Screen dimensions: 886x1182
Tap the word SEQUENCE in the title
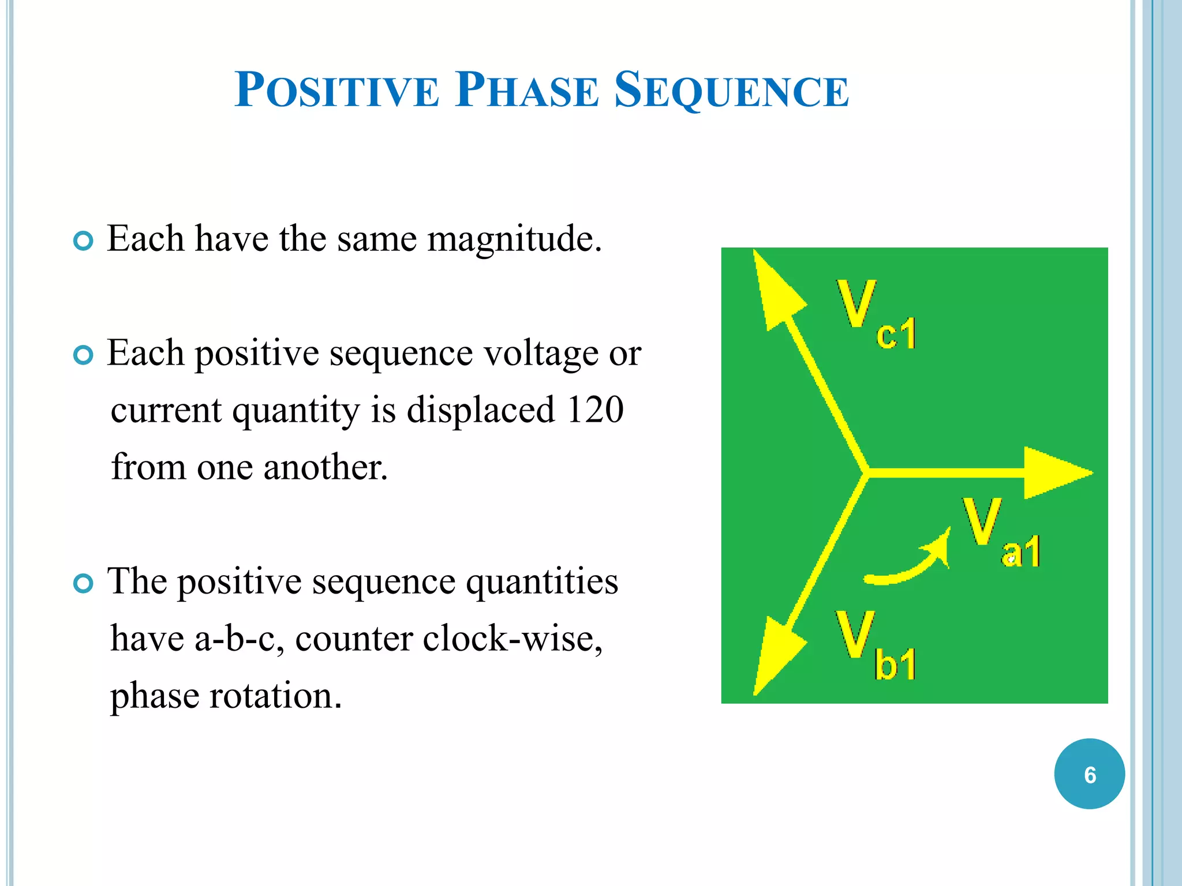(731, 91)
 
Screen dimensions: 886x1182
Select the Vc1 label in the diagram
(874, 314)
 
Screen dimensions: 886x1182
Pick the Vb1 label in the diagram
(874, 646)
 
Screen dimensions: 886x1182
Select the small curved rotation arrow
(912, 562)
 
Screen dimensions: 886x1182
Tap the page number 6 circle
(1089, 774)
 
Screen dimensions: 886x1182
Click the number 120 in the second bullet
(595, 410)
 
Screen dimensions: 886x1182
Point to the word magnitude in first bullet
(514, 239)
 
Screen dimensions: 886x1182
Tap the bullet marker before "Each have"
(84, 241)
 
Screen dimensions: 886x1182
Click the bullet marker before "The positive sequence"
(84, 584)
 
